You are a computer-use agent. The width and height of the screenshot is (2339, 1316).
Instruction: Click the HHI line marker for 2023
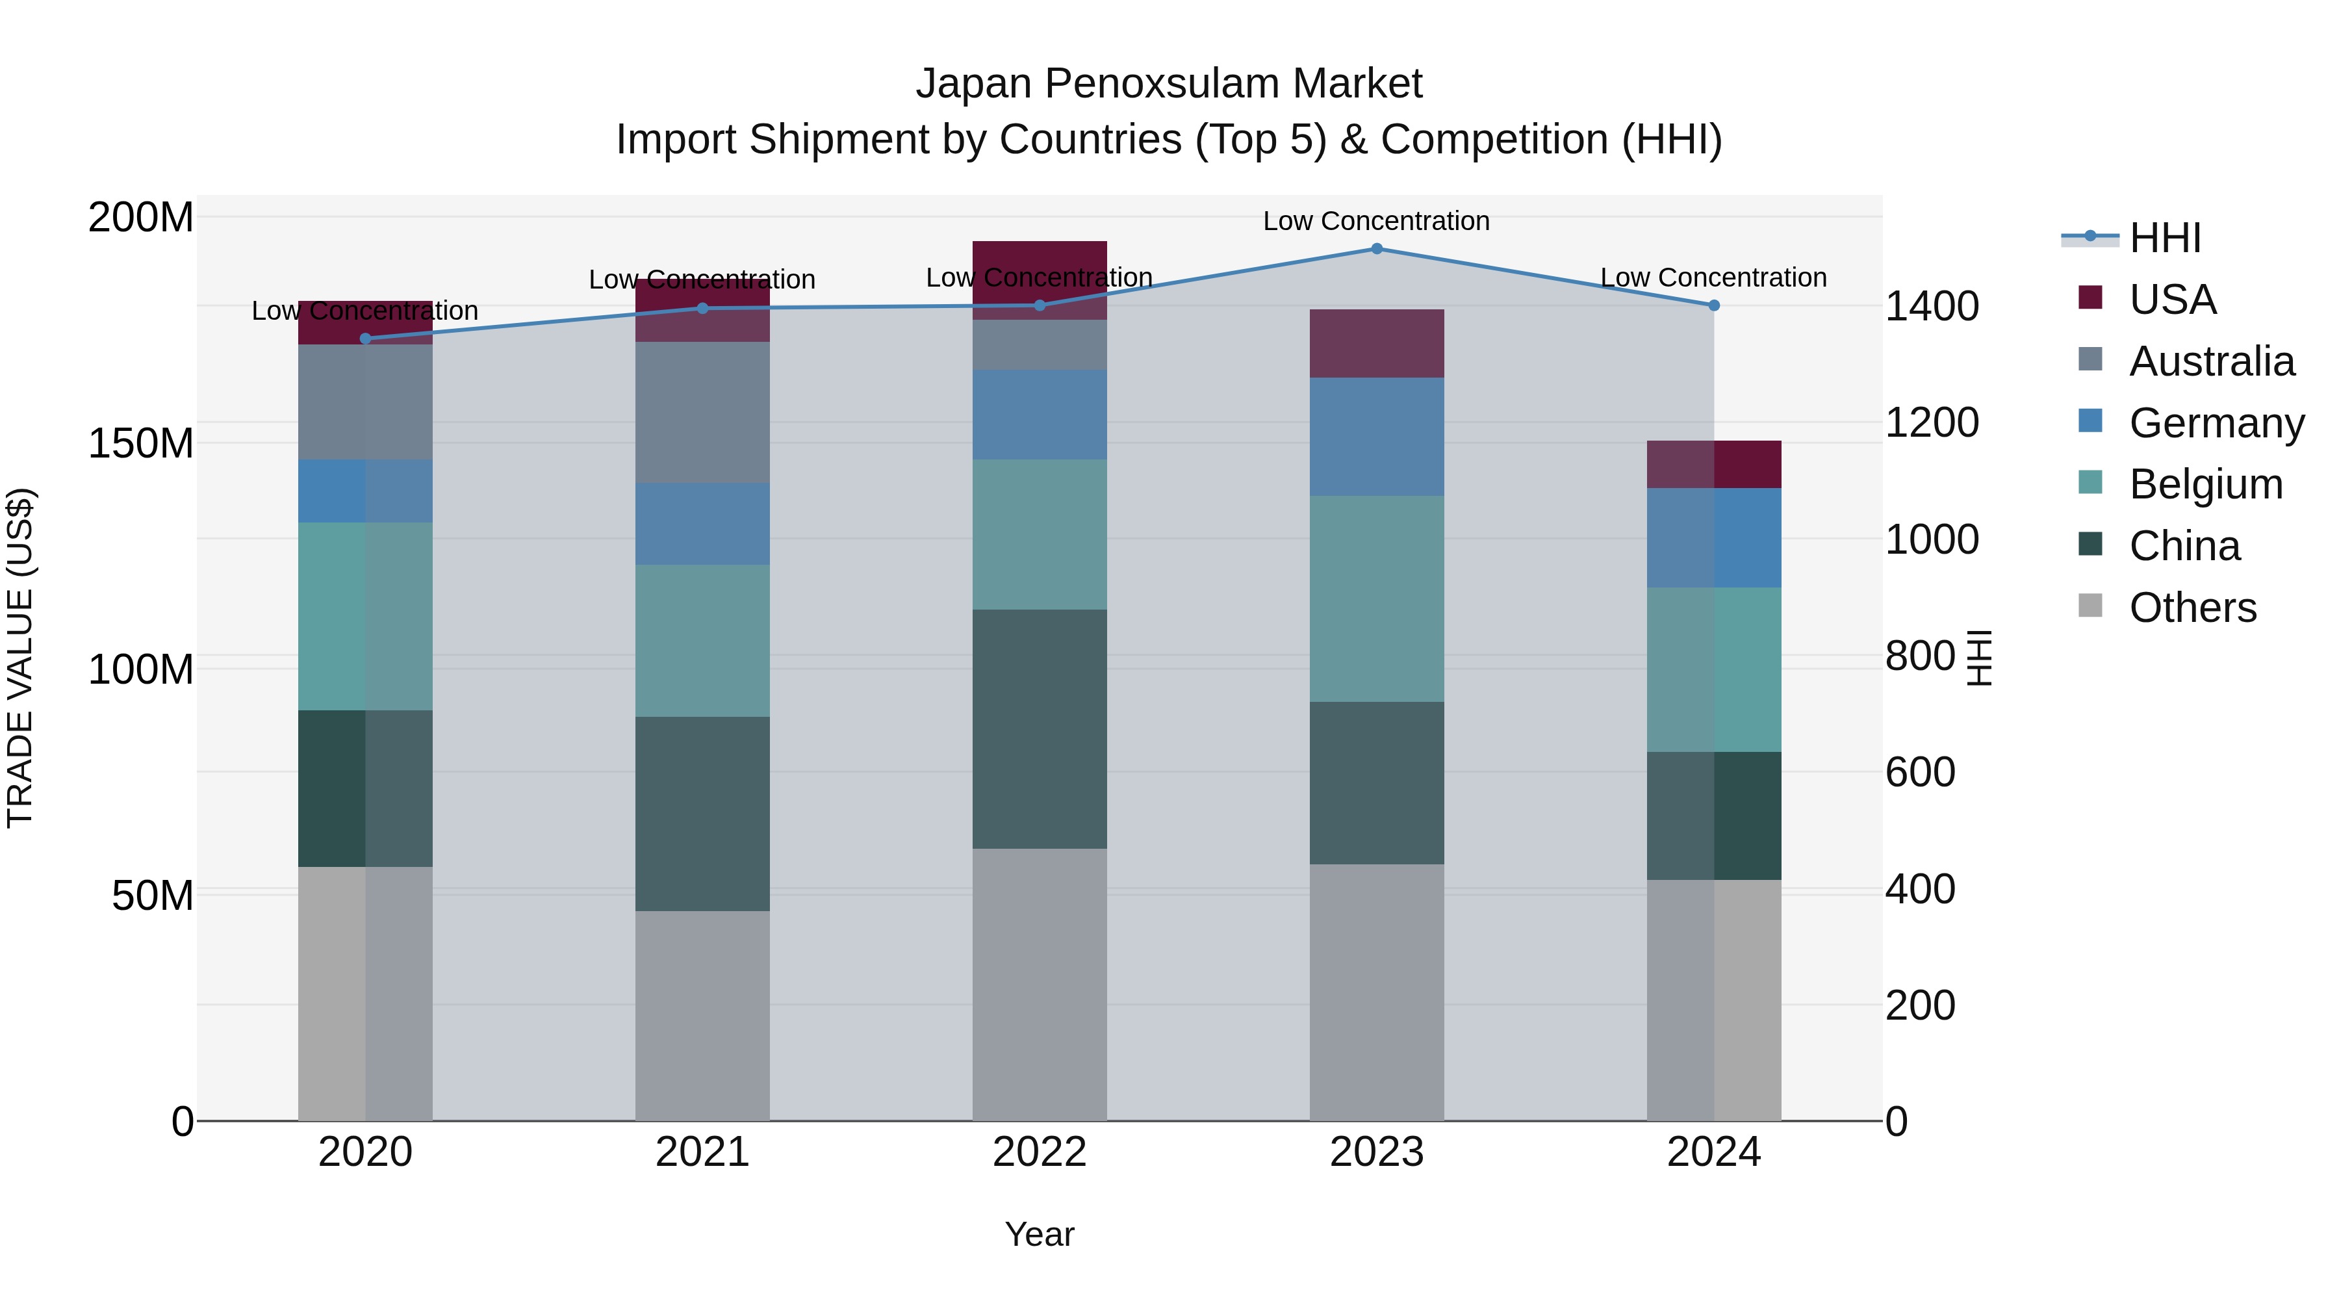coord(1377,249)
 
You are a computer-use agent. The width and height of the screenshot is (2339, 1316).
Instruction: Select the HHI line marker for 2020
coord(366,339)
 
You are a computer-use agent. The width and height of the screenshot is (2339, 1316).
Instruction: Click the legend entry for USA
coord(2172,300)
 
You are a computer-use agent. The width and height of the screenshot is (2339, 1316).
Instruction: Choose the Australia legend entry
coord(2211,361)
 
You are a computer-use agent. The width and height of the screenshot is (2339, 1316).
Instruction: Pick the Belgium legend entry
coord(2206,484)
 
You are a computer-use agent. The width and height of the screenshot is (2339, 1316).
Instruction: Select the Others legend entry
coord(2192,608)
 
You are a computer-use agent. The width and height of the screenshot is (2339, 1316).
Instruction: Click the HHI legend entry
coord(2165,238)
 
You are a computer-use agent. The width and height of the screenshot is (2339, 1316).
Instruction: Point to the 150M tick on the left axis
coord(141,444)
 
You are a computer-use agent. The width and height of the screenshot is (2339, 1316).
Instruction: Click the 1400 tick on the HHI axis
coord(1932,307)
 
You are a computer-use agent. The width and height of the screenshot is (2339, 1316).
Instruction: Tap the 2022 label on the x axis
coord(1040,1152)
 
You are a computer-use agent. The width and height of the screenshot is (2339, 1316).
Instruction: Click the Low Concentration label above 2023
coord(1377,222)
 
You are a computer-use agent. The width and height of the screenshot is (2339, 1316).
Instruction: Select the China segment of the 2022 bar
coord(1040,729)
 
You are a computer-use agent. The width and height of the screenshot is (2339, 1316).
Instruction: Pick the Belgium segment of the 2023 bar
coord(1377,599)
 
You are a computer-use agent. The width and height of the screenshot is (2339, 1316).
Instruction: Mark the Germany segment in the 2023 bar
coord(1377,437)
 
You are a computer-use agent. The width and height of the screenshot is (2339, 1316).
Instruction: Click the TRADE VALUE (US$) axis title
coord(20,658)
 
